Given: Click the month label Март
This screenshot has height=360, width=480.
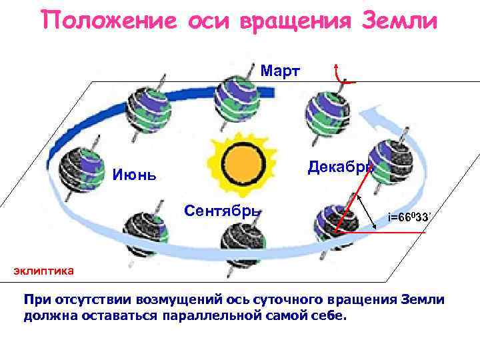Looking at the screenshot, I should pyautogui.click(x=280, y=71).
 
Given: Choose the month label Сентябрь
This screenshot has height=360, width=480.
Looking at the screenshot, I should pyautogui.click(x=221, y=211).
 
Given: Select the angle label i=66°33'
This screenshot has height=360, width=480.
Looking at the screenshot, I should pyautogui.click(x=409, y=217).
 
